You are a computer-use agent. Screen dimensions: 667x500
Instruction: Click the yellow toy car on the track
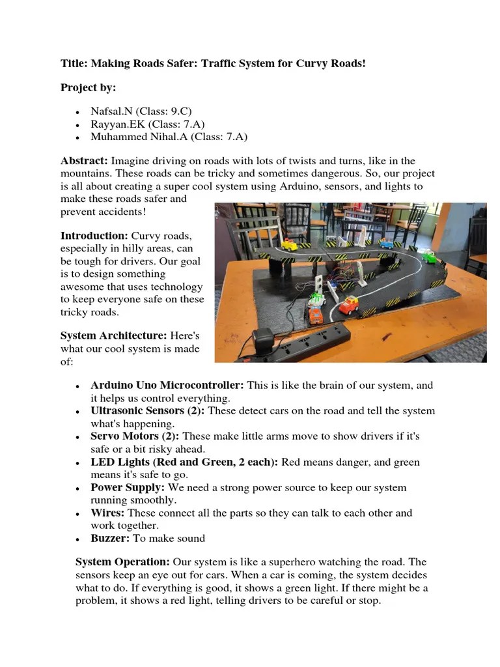point(288,246)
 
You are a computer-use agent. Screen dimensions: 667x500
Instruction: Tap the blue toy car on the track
point(386,245)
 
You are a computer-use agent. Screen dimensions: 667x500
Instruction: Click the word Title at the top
point(74,64)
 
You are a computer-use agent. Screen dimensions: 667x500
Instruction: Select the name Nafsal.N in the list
point(112,111)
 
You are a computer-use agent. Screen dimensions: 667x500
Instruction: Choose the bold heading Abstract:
point(85,161)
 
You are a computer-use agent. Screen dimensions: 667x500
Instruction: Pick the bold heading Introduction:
point(94,236)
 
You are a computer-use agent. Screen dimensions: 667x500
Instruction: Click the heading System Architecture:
point(114,335)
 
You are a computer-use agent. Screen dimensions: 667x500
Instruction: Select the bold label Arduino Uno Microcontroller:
point(167,386)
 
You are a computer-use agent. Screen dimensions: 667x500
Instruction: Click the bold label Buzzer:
point(111,539)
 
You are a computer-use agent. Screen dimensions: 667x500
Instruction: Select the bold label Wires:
point(108,513)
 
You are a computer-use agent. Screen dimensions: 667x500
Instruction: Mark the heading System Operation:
point(123,562)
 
